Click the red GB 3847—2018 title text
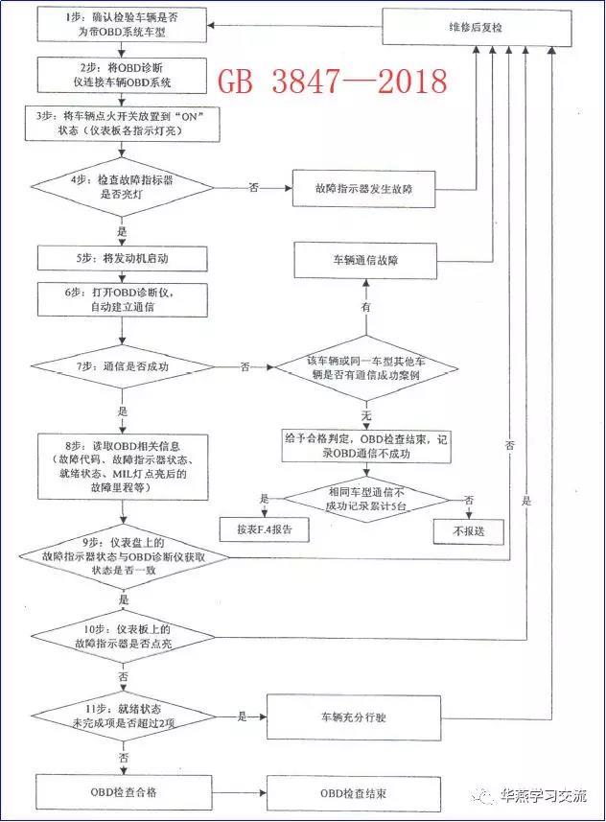(333, 82)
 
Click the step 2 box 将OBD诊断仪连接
(123, 72)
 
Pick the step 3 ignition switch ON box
(123, 122)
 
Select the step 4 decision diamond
(123, 186)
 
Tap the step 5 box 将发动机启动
(123, 259)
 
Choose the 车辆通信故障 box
(364, 258)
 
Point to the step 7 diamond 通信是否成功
(123, 365)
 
